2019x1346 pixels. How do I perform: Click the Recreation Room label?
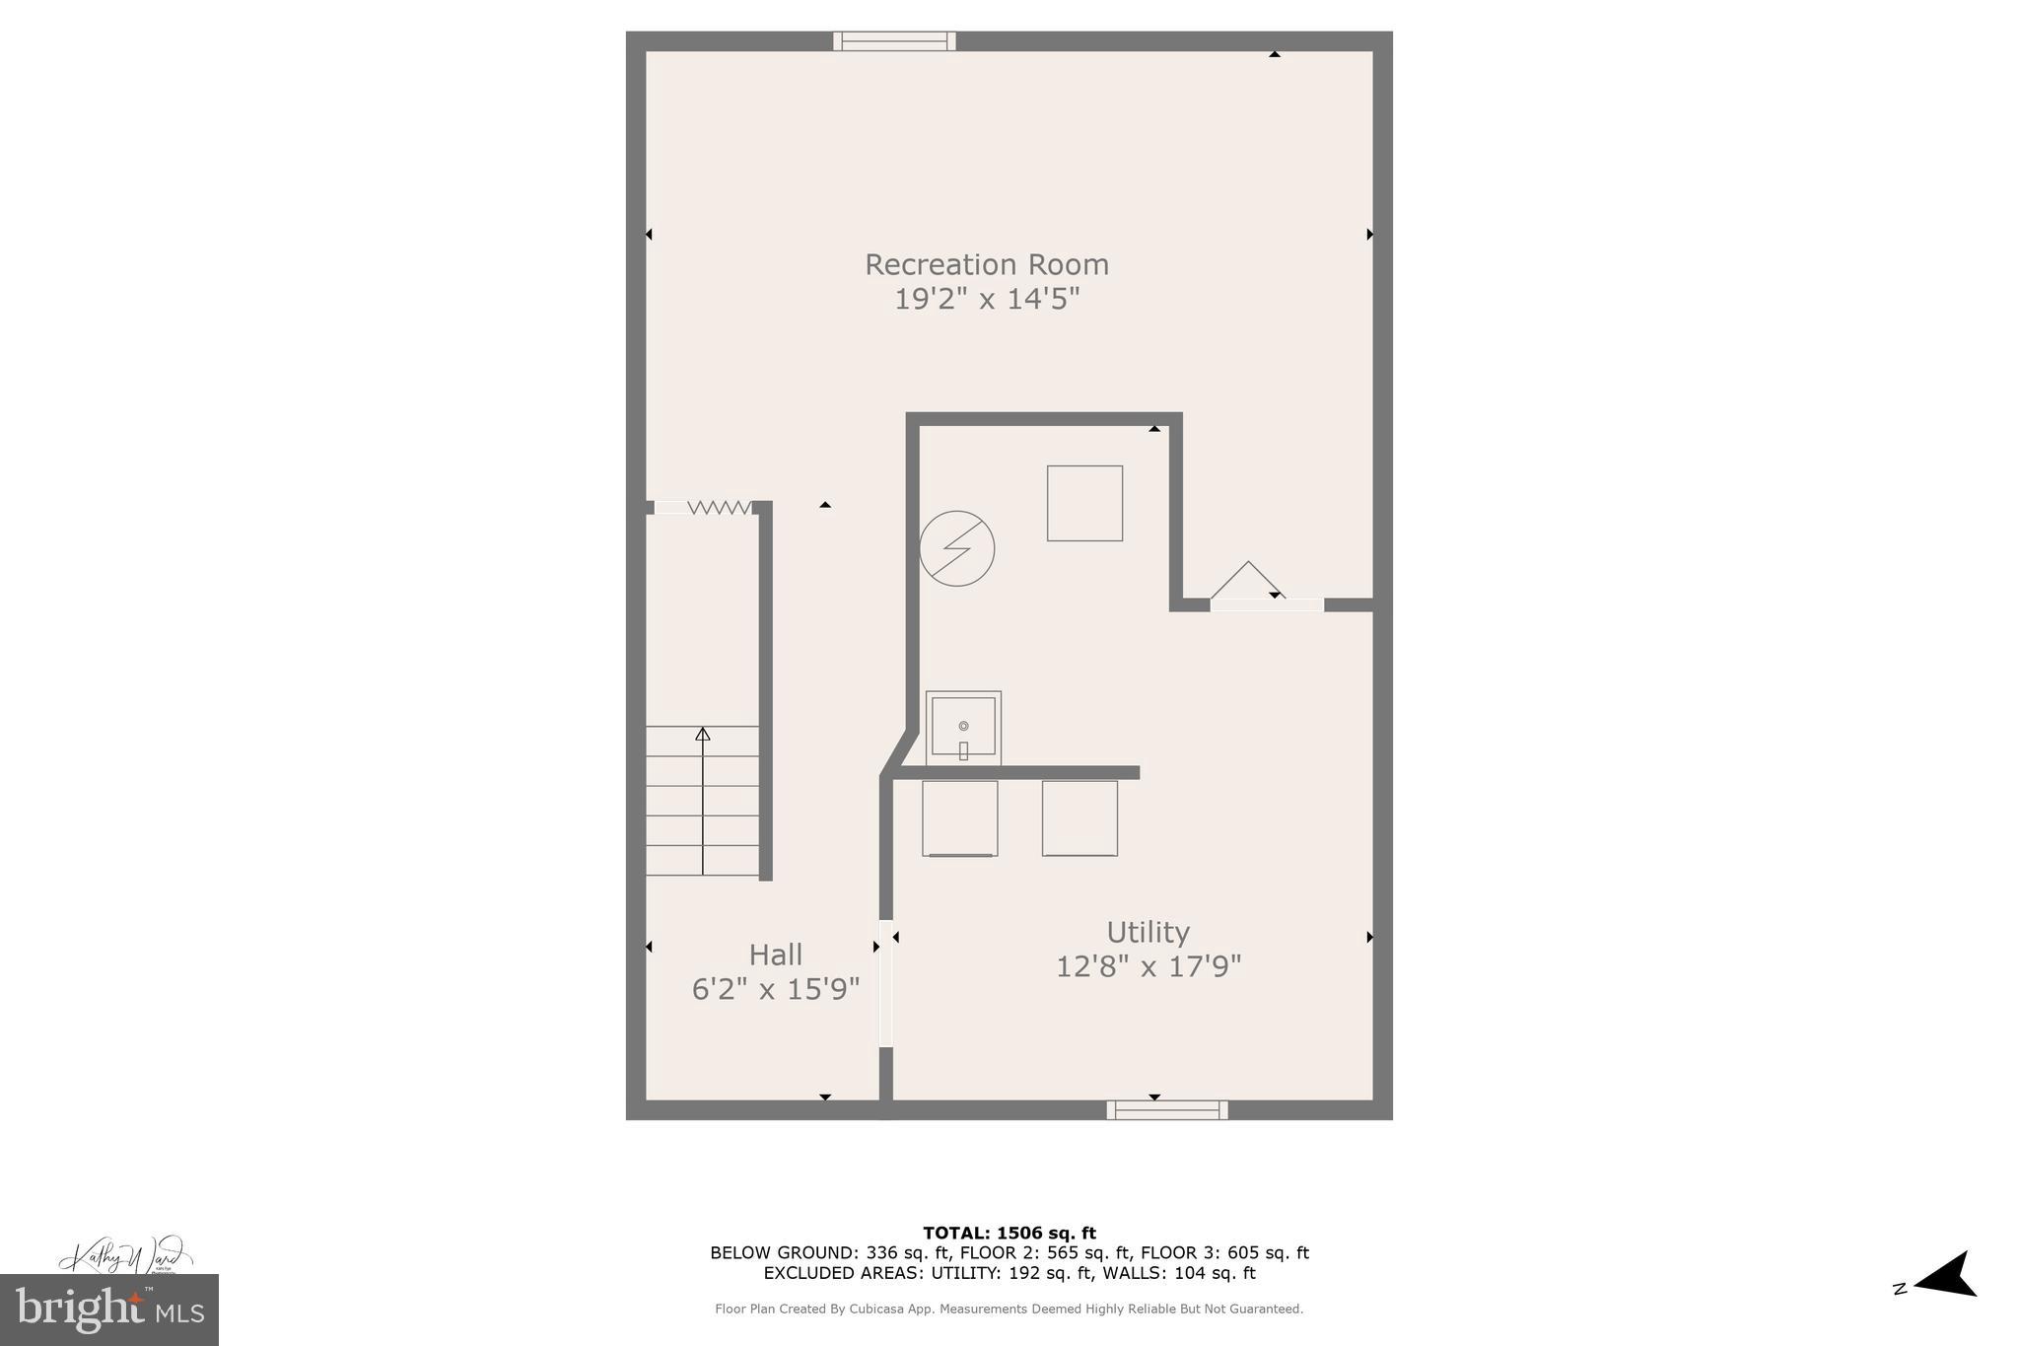click(x=987, y=264)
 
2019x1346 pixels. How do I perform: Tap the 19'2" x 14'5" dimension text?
click(x=987, y=299)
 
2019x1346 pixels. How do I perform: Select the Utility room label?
click(x=1148, y=932)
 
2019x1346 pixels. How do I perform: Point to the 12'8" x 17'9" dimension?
click(x=1148, y=966)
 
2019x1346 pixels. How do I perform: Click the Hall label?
click(x=776, y=955)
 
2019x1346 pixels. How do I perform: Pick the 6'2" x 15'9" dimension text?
click(x=776, y=989)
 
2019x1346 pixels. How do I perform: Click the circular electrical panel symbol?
click(x=957, y=548)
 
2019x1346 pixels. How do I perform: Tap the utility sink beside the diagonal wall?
click(x=963, y=728)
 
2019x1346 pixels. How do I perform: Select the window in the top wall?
click(x=894, y=40)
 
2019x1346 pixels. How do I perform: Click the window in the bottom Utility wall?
click(x=1167, y=1110)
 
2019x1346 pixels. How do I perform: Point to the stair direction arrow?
click(x=703, y=799)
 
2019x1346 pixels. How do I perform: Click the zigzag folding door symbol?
click(x=719, y=507)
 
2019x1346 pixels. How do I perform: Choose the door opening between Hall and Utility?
click(x=886, y=983)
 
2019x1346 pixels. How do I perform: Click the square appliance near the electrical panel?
click(x=1084, y=503)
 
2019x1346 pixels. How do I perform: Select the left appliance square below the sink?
click(x=960, y=818)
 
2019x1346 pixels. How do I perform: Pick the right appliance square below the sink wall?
click(x=1079, y=818)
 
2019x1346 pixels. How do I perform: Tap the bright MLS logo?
click(x=109, y=1310)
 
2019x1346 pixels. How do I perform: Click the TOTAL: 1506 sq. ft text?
click(x=1009, y=1233)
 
